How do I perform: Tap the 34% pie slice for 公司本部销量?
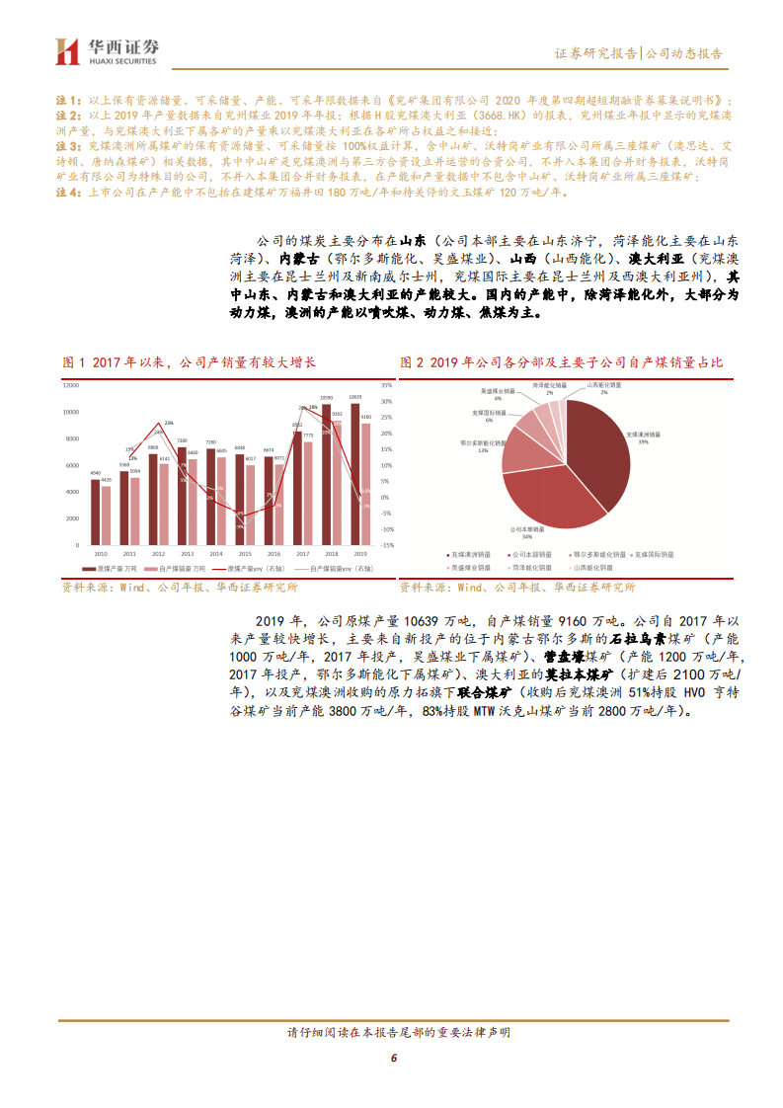[553, 499]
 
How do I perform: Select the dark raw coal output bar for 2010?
[95, 513]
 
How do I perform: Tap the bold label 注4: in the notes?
[66, 193]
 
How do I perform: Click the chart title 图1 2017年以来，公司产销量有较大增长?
[189, 363]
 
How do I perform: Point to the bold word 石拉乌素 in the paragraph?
[644, 638]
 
